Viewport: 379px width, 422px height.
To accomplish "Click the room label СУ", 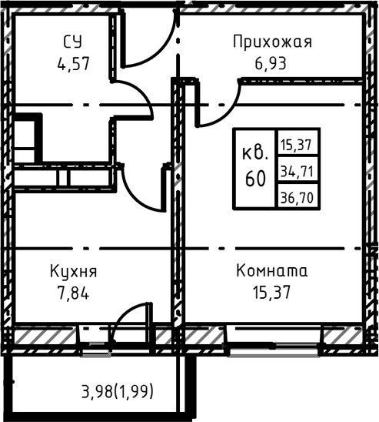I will pos(73,42).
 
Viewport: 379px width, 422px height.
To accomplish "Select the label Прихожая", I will pos(272,42).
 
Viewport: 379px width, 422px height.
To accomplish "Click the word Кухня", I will pos(73,271).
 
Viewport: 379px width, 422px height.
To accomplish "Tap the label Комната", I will pos(271,271).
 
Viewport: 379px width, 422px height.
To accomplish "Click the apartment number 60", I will pos(256,179).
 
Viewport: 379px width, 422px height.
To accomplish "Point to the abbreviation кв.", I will pos(256,152).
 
